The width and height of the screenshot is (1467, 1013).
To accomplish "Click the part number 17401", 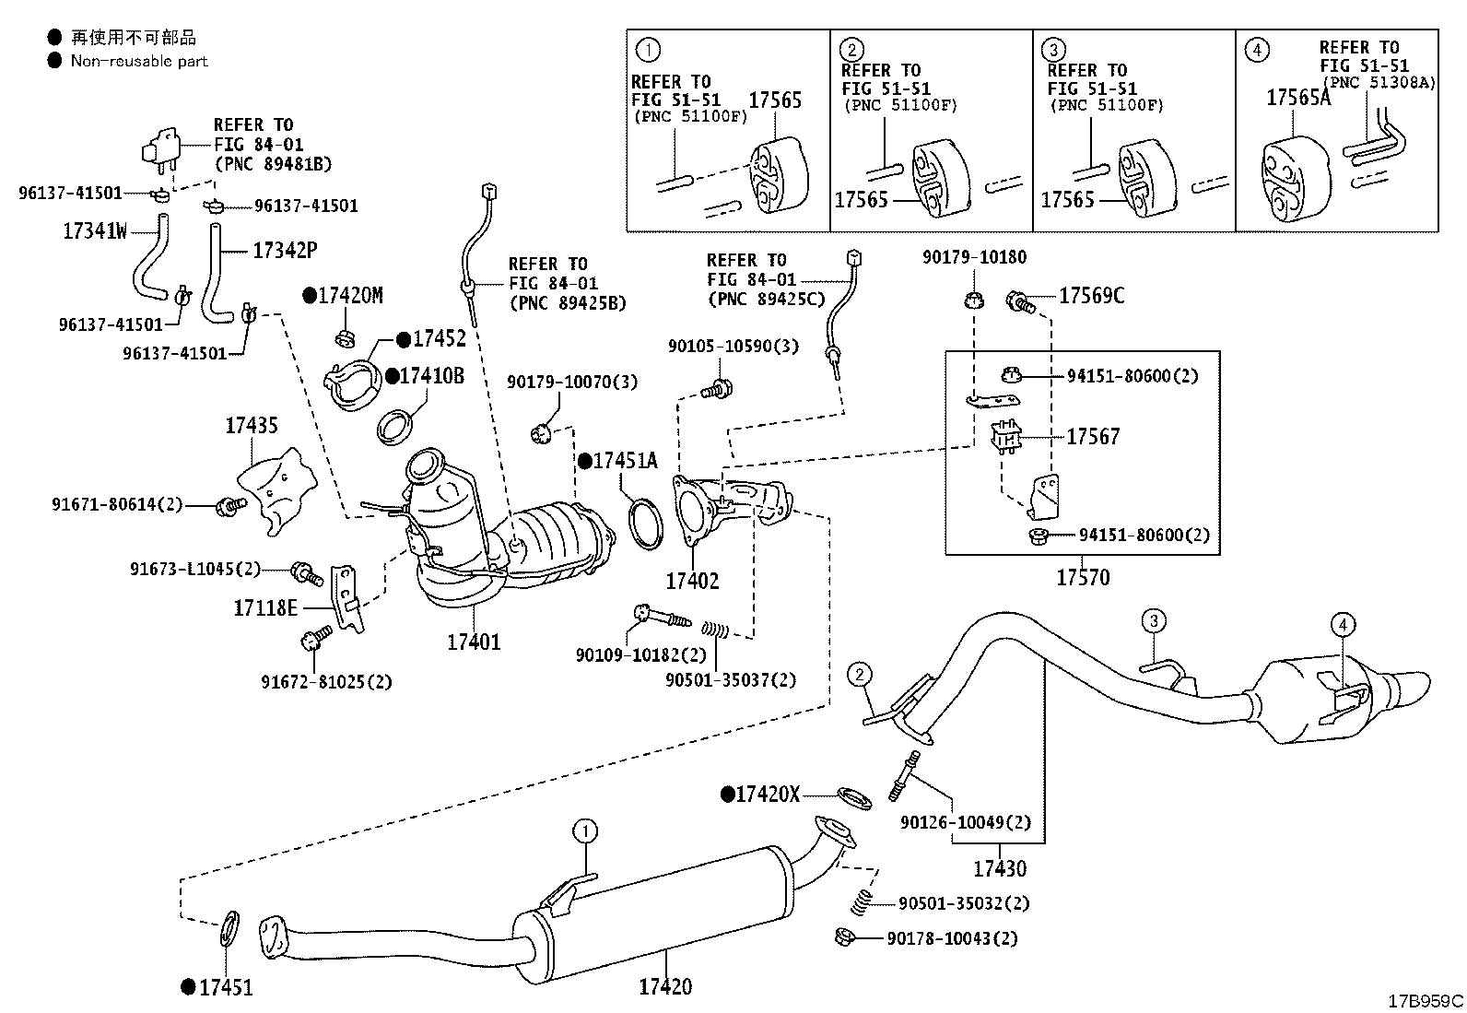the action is (x=474, y=642).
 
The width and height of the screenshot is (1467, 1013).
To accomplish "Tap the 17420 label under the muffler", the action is (x=665, y=986).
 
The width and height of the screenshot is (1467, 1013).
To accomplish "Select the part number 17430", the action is (x=1000, y=869).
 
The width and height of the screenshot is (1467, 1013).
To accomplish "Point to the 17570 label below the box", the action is (x=1084, y=577).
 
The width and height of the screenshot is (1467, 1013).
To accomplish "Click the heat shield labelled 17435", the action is (x=277, y=490).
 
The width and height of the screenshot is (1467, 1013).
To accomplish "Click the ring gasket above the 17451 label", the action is (x=228, y=928).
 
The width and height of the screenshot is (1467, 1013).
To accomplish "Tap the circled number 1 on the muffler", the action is (x=585, y=831).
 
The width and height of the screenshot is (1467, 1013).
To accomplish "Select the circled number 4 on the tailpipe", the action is (x=1343, y=624).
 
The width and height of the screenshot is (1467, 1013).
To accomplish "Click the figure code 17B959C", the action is (x=1426, y=1000).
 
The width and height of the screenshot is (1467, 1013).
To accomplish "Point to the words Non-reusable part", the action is (x=139, y=61).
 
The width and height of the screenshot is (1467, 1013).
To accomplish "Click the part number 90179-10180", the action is (x=975, y=257).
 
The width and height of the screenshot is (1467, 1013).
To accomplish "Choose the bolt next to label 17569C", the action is (x=1020, y=302).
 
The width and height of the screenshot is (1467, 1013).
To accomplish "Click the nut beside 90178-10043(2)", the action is (x=845, y=937).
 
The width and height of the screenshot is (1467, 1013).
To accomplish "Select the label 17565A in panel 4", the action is (x=1298, y=98).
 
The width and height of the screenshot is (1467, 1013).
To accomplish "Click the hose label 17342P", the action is (x=285, y=250).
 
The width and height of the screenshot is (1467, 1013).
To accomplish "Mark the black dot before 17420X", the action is (x=728, y=795).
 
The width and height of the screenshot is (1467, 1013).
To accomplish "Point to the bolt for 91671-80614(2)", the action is (x=230, y=506).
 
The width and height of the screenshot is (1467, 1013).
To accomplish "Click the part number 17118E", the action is (x=265, y=608).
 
